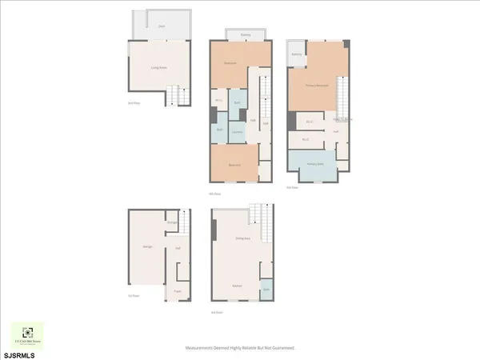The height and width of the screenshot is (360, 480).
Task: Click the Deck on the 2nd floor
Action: [161, 26]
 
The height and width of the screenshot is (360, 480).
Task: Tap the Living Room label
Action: [158, 68]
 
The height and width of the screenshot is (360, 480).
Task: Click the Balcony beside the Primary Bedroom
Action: [296, 54]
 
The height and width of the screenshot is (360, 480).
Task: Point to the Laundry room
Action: [238, 131]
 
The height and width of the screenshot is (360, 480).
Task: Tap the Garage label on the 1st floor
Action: [147, 247]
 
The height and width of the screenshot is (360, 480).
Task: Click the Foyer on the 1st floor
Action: [177, 291]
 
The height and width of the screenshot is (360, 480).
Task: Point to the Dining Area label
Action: [238, 238]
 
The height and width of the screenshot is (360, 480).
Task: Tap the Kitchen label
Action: [238, 286]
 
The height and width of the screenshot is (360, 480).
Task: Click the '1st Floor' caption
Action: [134, 295]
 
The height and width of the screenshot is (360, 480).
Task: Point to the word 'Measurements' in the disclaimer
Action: [202, 348]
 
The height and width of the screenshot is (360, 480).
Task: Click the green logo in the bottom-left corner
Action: [28, 333]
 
